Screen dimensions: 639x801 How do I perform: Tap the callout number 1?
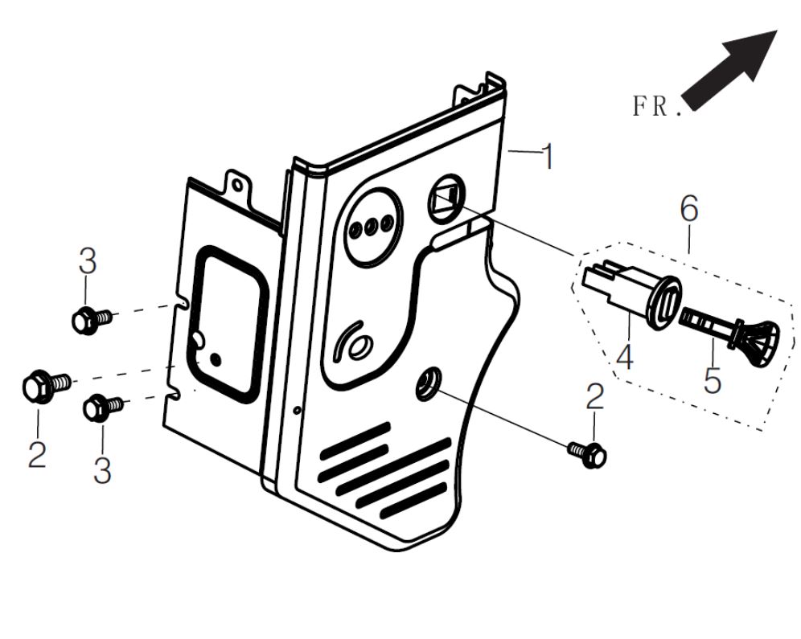[547, 157]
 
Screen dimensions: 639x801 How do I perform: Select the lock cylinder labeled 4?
[635, 294]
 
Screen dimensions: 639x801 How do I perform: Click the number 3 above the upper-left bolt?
[87, 262]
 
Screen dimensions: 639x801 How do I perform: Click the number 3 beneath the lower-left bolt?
[101, 470]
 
